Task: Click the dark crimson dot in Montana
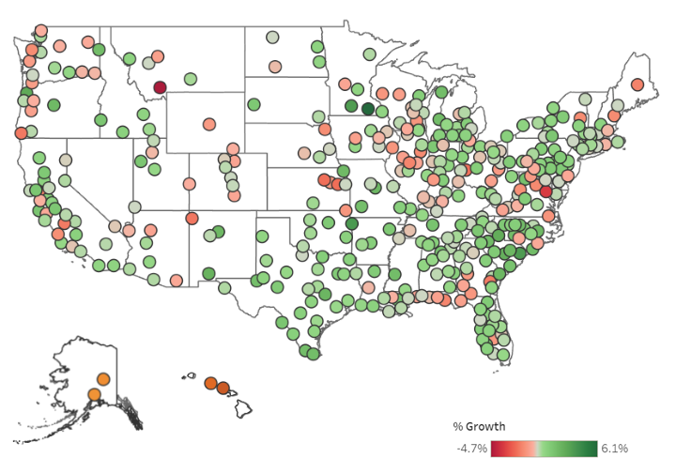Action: pyautogui.click(x=160, y=88)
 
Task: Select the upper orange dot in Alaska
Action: pyautogui.click(x=103, y=379)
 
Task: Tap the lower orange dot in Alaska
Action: pyautogui.click(x=94, y=394)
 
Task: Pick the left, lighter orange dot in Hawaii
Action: pyautogui.click(x=210, y=383)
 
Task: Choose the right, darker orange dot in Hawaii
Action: pyautogui.click(x=223, y=388)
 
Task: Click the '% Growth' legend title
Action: pyautogui.click(x=480, y=427)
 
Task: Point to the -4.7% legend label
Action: pyautogui.click(x=471, y=449)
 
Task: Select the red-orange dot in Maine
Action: pyautogui.click(x=638, y=84)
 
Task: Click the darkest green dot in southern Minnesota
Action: pyautogui.click(x=368, y=108)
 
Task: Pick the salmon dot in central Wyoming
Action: pyautogui.click(x=208, y=124)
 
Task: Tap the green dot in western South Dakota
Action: pyautogui.click(x=254, y=105)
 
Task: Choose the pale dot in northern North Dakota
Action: pyautogui.click(x=271, y=38)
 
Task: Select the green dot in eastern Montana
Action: pyautogui.click(x=191, y=79)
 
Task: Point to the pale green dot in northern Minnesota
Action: pyautogui.click(x=370, y=53)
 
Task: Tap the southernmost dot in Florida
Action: pyautogui.click(x=504, y=355)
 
